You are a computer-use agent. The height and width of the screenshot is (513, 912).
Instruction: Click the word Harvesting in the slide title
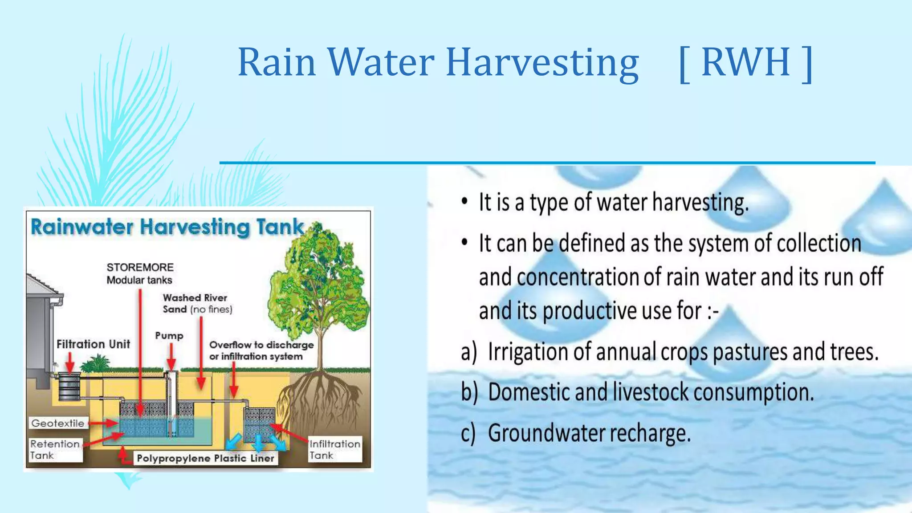[x=542, y=62]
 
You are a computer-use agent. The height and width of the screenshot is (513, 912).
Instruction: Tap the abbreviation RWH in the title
[x=745, y=62]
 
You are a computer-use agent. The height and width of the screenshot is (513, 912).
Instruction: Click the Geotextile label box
[x=57, y=423]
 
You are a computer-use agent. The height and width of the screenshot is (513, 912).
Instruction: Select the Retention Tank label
[x=55, y=449]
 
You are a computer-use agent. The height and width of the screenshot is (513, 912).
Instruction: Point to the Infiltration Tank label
[x=334, y=449]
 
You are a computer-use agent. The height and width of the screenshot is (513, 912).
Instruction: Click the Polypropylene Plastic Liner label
[x=205, y=458]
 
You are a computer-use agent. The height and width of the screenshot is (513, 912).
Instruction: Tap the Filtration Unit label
[x=93, y=344]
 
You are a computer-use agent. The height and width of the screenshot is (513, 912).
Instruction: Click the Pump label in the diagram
[x=169, y=336]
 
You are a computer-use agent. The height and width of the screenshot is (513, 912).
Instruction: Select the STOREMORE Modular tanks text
[x=140, y=273]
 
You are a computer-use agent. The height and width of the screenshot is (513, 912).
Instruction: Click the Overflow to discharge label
[x=261, y=350]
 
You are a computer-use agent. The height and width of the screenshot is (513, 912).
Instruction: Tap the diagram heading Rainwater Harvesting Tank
[x=167, y=227]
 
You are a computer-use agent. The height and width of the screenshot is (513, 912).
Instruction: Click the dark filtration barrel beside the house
[x=69, y=387]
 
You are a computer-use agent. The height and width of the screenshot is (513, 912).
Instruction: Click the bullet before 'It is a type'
[x=464, y=202]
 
